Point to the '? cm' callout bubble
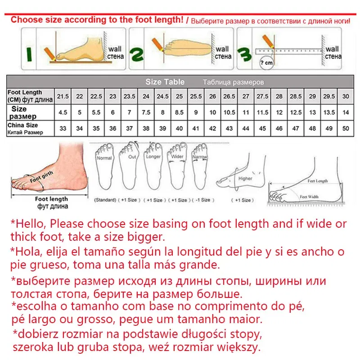tap(267, 63)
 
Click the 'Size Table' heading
tap(165, 82)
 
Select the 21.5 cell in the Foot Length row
tap(63, 96)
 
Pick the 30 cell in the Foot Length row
tap(346, 96)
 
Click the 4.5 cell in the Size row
tap(63, 112)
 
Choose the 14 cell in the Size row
tap(346, 112)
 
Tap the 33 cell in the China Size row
tap(63, 129)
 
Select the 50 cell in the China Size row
tap(346, 129)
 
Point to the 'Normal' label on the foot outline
tap(104, 158)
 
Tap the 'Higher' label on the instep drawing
tap(245, 178)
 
